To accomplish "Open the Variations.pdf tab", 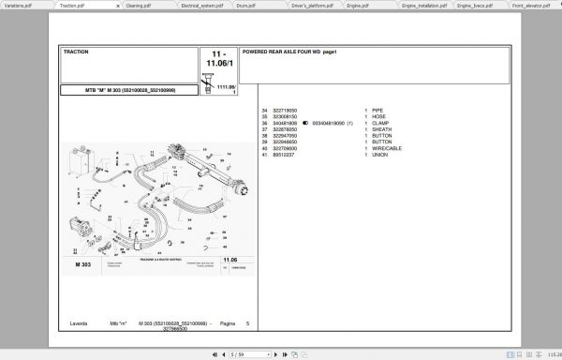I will (x=18, y=5).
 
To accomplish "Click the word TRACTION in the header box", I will (x=76, y=52).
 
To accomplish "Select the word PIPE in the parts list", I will (x=377, y=110).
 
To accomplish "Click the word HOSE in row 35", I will (x=378, y=116).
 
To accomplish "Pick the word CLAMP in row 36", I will (x=380, y=123).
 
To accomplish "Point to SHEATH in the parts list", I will (x=381, y=129).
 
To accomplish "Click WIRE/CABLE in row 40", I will (x=385, y=148).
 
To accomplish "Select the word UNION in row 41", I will (x=379, y=155).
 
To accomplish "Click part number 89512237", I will (x=285, y=155).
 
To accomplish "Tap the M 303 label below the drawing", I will (x=82, y=266).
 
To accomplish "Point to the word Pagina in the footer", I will (x=227, y=323).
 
